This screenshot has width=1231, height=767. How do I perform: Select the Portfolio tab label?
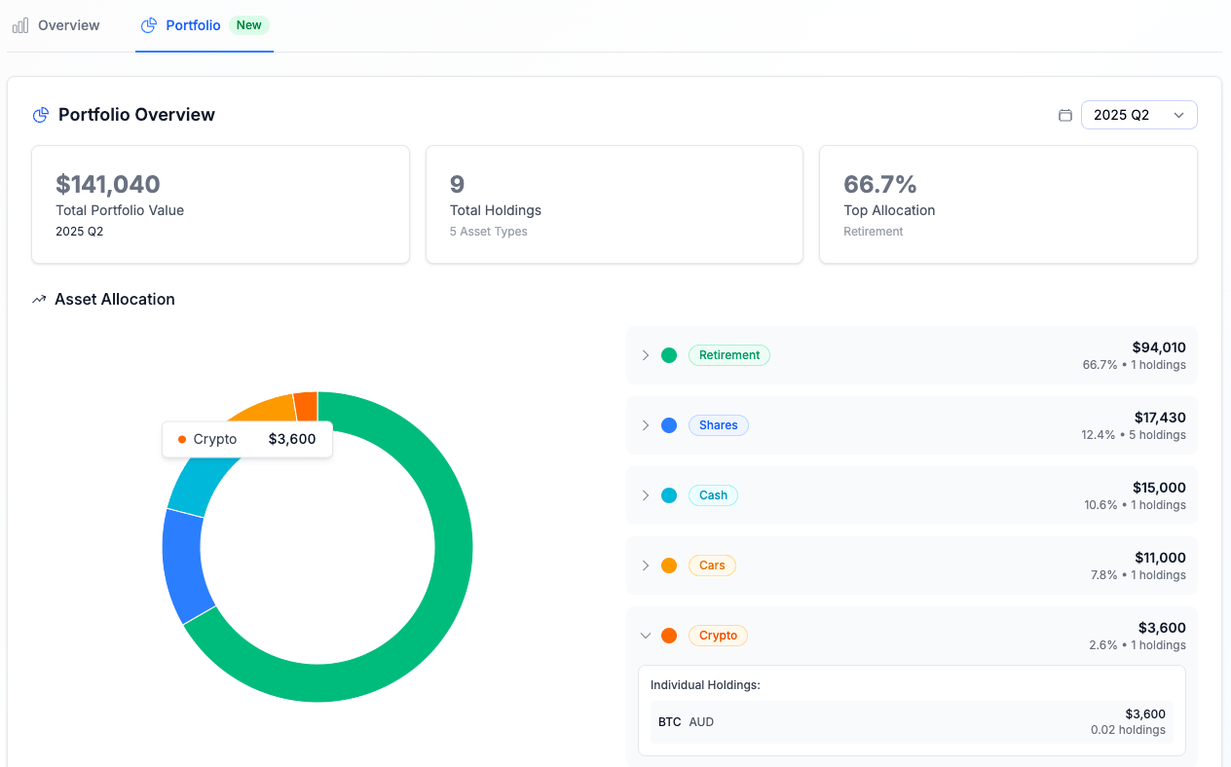(x=193, y=25)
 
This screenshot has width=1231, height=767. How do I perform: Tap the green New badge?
(x=249, y=25)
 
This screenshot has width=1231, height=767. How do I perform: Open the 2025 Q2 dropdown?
(x=1138, y=115)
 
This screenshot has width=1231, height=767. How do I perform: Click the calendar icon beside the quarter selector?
(x=1065, y=115)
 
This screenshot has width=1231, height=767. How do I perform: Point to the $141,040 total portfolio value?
(x=108, y=184)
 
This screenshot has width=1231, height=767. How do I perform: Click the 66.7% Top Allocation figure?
(x=880, y=184)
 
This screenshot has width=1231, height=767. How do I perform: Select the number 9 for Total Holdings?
(x=457, y=184)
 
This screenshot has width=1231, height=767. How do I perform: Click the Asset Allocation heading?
(x=114, y=299)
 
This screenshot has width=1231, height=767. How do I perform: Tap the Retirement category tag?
(x=728, y=355)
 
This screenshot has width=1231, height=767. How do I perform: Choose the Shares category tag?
(x=718, y=425)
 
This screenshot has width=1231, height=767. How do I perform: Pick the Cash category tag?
(x=713, y=495)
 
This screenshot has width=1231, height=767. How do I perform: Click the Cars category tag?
(x=712, y=566)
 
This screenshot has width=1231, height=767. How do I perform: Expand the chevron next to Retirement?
(x=645, y=355)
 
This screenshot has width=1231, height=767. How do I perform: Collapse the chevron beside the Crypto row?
(x=645, y=636)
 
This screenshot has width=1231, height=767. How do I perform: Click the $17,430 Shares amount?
(x=1160, y=417)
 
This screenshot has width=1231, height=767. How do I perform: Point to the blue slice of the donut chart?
(x=183, y=565)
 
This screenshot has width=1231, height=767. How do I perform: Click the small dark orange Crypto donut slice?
(x=306, y=405)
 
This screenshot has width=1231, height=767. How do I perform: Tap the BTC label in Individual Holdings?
(x=669, y=722)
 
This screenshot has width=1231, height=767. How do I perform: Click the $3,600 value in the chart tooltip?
(x=292, y=439)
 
